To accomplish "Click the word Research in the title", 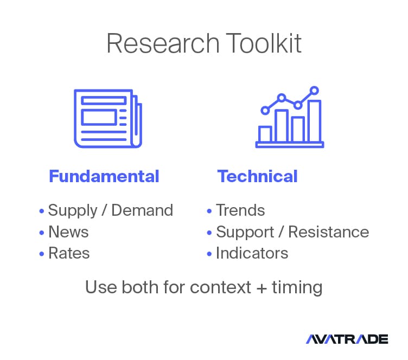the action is pos(163,43).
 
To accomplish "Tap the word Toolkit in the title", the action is pos(264,43).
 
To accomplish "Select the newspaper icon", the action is pos(108,119).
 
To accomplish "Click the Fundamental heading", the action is pos(104,176).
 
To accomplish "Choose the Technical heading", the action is pos(257,176).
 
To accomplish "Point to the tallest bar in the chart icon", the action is pos(314,120).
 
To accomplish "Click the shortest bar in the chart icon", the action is pos(265,134).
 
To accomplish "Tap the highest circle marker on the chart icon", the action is pos(314,91).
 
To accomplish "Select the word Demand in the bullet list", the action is pos(142,210).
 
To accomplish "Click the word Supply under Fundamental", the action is pos(73,210).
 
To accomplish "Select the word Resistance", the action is pos(329,232).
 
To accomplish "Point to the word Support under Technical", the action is pos(245,232).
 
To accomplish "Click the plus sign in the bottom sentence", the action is pos(262,288).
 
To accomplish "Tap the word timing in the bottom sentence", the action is pos(297,288).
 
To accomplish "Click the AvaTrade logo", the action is pos(347,339).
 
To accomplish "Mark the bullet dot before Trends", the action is pos(209,211).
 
